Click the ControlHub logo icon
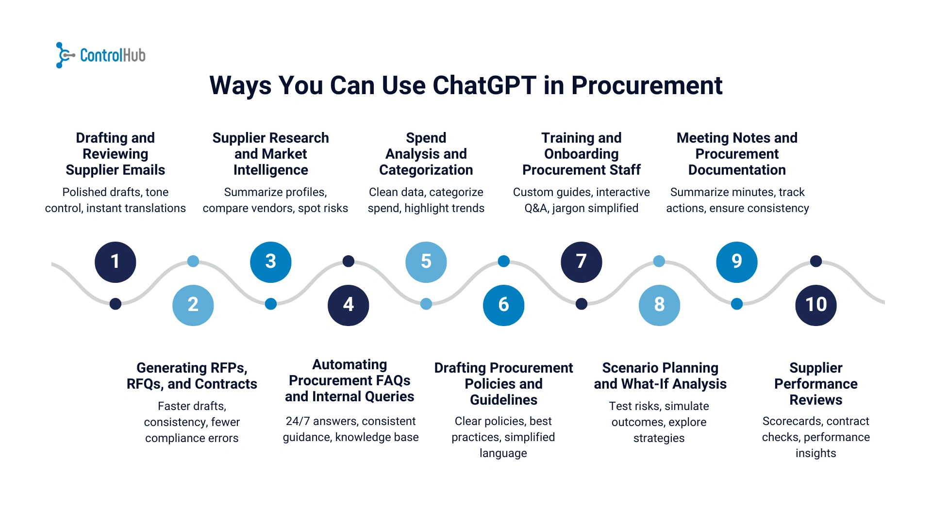tap(64, 55)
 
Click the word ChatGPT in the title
tap(484, 86)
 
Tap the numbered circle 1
tap(116, 262)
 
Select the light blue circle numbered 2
tap(193, 305)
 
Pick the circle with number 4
tap(349, 305)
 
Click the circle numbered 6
tap(504, 305)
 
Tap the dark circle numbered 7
tap(582, 262)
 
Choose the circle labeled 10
tap(816, 305)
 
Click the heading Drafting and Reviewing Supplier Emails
tap(116, 154)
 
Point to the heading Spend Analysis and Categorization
tap(426, 154)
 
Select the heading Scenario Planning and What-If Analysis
tap(660, 376)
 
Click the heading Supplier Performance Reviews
tap(816, 384)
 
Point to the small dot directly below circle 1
tap(116, 304)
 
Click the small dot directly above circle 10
tap(816, 262)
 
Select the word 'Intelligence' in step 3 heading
tap(271, 170)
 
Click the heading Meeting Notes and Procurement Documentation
tap(737, 154)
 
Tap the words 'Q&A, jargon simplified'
tap(582, 208)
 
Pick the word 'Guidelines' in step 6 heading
tap(504, 400)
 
